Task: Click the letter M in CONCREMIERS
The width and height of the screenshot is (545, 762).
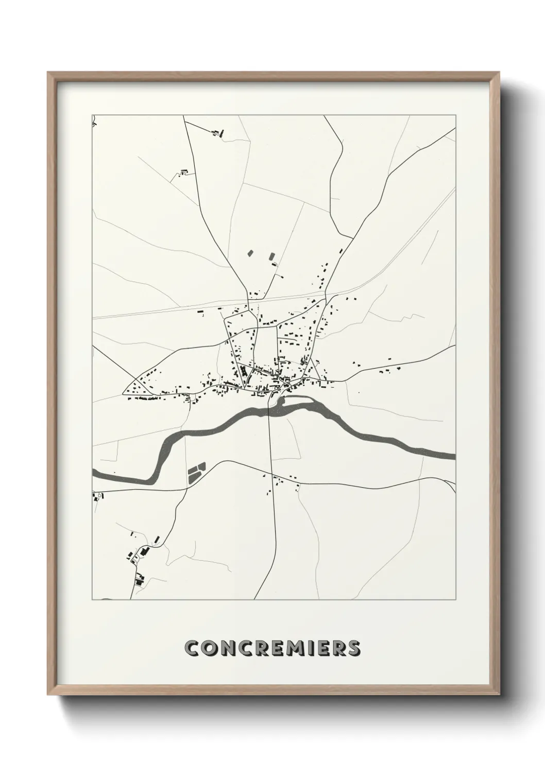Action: [289, 648]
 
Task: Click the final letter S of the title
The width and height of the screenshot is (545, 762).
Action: [353, 648]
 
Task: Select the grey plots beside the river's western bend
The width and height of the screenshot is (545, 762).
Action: [196, 473]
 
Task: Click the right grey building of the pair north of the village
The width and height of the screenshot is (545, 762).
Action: [271, 255]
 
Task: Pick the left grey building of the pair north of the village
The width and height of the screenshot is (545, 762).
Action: [250, 253]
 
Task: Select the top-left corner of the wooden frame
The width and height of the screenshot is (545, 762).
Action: [48, 73]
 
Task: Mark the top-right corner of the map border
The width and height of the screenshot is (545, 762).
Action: [455, 115]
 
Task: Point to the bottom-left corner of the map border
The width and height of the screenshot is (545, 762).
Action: [92, 599]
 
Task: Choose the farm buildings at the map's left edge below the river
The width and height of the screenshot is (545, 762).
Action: [97, 496]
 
